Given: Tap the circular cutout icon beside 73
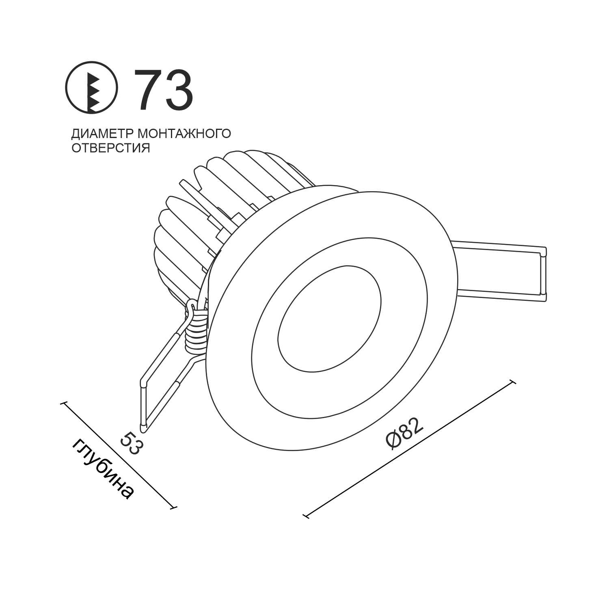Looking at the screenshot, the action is [92, 87].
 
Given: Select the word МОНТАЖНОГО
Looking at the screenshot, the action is [185, 134].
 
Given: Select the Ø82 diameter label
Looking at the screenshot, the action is [405, 433].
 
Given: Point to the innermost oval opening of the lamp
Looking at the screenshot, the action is [329, 319].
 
